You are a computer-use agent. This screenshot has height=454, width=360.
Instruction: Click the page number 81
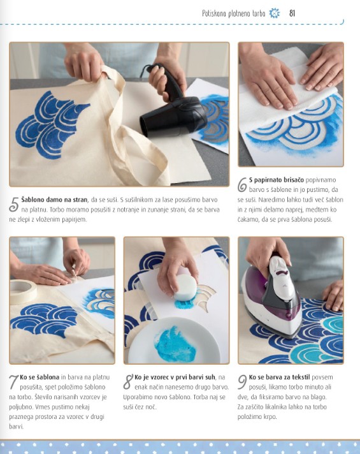[292, 13]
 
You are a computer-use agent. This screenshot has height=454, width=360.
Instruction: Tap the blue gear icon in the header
[275, 13]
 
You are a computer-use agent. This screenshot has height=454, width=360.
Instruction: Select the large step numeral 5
[13, 204]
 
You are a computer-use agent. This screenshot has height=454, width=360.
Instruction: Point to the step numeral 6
[242, 185]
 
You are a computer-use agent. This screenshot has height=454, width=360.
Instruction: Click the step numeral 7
[13, 382]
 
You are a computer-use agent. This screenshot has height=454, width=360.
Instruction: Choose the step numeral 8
[128, 382]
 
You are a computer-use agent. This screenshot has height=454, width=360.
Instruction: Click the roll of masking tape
[22, 291]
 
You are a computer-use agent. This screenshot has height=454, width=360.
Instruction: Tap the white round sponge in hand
[185, 287]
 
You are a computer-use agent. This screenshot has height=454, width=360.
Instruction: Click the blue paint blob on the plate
[174, 344]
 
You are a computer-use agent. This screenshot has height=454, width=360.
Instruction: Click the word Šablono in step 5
[33, 200]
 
